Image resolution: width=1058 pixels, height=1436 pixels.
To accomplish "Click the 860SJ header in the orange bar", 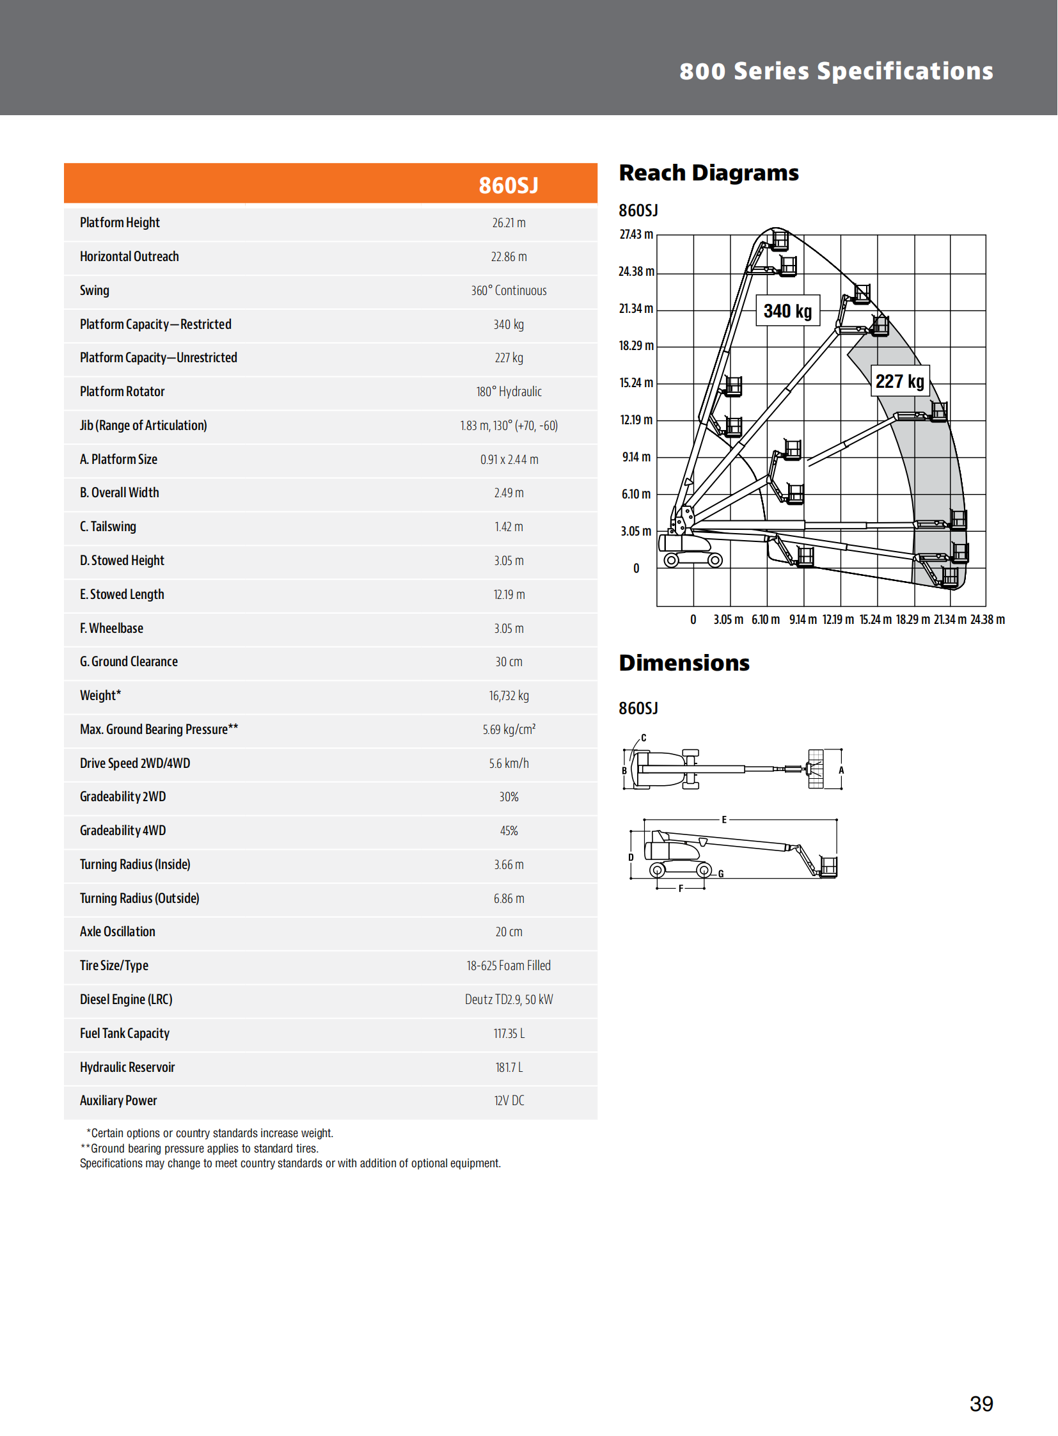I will [509, 185].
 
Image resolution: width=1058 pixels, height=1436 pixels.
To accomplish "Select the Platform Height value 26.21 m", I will [509, 223].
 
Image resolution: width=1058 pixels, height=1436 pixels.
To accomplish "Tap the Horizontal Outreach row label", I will [129, 257].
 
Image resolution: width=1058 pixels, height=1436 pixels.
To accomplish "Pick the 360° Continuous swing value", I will [509, 291].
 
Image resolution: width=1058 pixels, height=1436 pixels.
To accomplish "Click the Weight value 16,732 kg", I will [509, 696].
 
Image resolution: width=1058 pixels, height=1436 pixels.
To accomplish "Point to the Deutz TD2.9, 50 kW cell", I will [509, 1000].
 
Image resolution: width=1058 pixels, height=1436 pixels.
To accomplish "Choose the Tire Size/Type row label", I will [114, 966].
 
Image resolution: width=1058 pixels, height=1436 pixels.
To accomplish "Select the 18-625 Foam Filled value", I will [509, 966].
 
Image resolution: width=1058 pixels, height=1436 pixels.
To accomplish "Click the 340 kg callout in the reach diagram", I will [787, 312].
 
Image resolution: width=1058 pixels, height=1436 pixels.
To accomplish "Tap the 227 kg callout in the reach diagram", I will [899, 382].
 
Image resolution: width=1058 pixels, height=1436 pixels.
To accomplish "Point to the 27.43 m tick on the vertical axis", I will [636, 234].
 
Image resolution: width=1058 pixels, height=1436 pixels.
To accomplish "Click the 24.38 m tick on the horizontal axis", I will [987, 619].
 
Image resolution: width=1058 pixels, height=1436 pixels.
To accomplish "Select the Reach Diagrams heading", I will [708, 173].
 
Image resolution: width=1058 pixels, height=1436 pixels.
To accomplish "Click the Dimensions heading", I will [684, 663].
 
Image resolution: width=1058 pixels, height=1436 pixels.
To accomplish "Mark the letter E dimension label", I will [724, 820].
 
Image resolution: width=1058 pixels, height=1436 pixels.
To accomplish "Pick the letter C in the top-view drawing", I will [643, 738].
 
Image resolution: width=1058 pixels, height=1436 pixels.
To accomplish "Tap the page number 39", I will [981, 1404].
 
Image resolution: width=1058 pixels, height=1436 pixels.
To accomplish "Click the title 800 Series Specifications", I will [836, 71].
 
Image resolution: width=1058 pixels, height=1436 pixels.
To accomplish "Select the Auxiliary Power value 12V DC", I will [509, 1101].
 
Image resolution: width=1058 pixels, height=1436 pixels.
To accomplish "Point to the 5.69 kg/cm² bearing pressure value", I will [509, 730].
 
